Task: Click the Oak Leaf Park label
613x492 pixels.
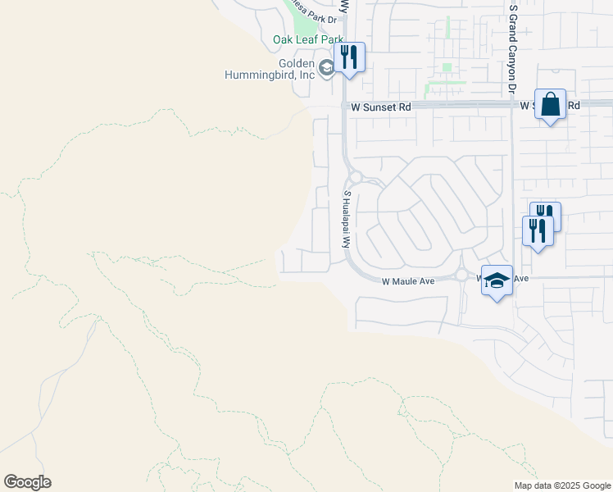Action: click(x=307, y=39)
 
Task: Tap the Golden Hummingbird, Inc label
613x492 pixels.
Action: click(x=272, y=69)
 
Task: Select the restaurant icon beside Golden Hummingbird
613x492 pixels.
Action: click(x=350, y=57)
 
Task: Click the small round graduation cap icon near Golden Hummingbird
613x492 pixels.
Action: click(x=327, y=68)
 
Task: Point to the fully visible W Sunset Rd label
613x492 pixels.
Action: click(x=381, y=107)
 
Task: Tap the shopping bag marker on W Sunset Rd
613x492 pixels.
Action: click(x=550, y=105)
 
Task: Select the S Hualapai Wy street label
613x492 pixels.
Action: click(x=347, y=220)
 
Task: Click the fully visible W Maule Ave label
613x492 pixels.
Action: click(x=408, y=281)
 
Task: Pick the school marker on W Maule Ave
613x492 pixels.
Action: click(x=497, y=280)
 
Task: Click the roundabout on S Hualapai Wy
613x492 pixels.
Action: click(x=355, y=176)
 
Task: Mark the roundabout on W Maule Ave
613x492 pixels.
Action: click(x=461, y=276)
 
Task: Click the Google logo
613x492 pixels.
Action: click(x=28, y=482)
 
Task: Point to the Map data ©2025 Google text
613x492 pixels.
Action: click(x=561, y=485)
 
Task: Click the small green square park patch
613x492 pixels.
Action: click(x=447, y=67)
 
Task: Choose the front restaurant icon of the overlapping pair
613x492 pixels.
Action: click(x=538, y=230)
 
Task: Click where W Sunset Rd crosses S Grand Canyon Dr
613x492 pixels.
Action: click(x=513, y=106)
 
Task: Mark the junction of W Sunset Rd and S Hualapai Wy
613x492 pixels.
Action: click(x=344, y=107)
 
